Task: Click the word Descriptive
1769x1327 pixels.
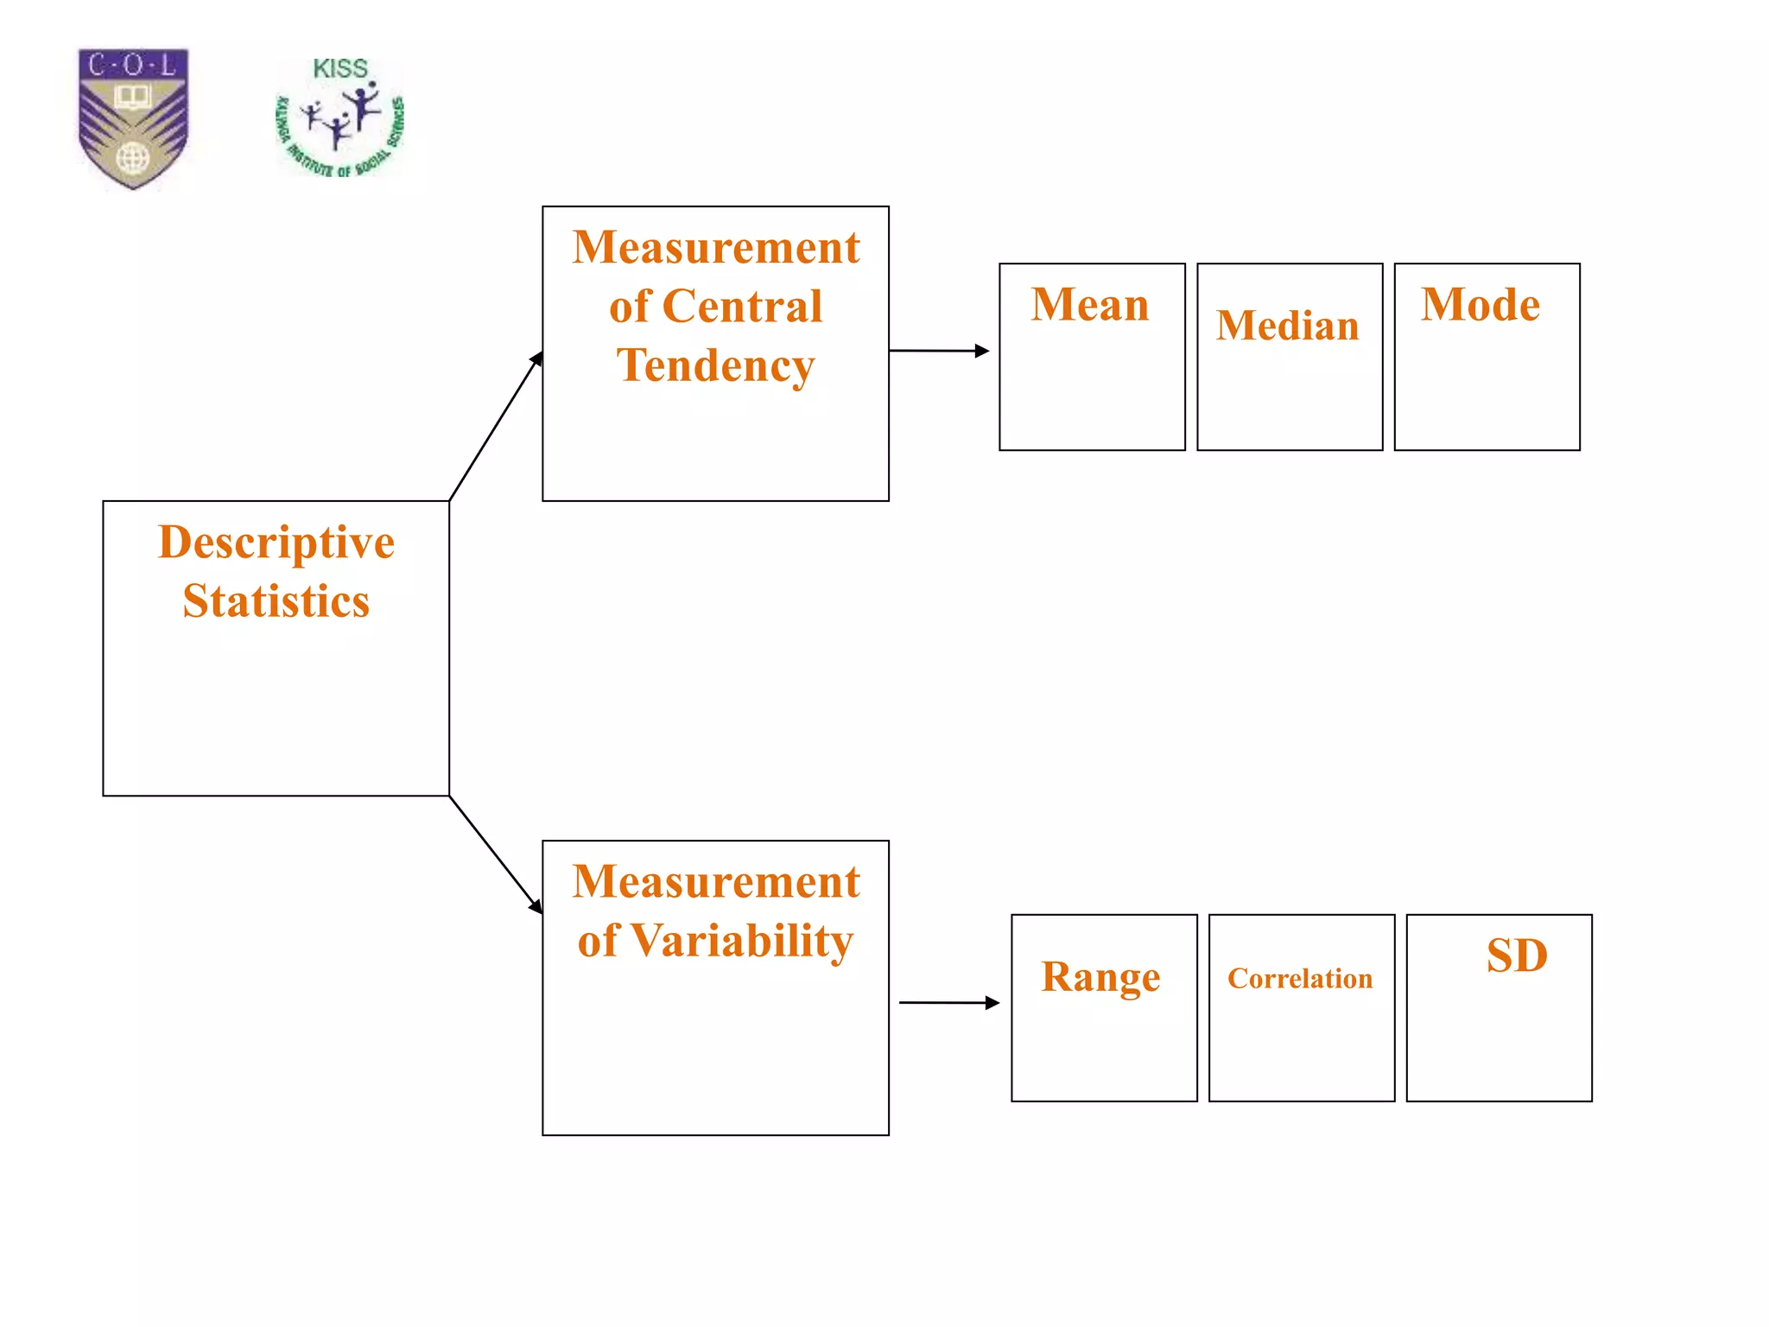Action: pyautogui.click(x=276, y=543)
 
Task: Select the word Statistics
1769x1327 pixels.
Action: pyautogui.click(x=276, y=601)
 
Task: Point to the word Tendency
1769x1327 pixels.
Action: pyautogui.click(x=715, y=365)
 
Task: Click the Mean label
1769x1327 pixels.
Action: pyautogui.click(x=1090, y=305)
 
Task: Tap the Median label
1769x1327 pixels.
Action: pyautogui.click(x=1287, y=326)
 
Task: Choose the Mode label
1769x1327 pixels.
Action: pyautogui.click(x=1481, y=305)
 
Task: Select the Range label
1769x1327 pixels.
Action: pyautogui.click(x=1100, y=977)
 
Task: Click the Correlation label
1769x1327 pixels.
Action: pyautogui.click(x=1300, y=978)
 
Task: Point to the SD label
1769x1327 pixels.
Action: pyautogui.click(x=1517, y=956)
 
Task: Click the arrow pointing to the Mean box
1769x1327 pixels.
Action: pyautogui.click(x=939, y=351)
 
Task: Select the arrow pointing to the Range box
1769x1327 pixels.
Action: pyautogui.click(x=948, y=1002)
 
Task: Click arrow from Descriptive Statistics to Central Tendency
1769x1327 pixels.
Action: pyautogui.click(x=496, y=426)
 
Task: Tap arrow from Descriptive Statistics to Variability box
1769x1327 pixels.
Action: pyautogui.click(x=496, y=854)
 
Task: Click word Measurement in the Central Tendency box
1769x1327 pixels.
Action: pyautogui.click(x=715, y=248)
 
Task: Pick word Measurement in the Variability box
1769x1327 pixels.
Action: pyautogui.click(x=715, y=882)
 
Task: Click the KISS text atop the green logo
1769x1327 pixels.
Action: pyautogui.click(x=339, y=68)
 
